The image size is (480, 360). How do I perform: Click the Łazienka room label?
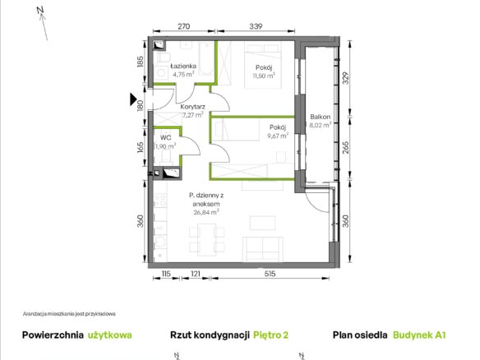183,66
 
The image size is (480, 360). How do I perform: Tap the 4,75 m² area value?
183,74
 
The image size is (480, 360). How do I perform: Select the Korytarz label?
192,107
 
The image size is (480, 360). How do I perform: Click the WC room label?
165,138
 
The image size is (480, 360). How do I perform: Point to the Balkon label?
321,117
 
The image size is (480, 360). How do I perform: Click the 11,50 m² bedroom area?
264,76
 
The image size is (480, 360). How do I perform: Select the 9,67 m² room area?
278,136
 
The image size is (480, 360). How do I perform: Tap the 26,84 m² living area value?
206,212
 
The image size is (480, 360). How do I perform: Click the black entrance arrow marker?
133,99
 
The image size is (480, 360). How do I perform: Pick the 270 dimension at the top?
183,26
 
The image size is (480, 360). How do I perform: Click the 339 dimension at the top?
256,26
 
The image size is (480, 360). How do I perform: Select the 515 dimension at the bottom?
270,274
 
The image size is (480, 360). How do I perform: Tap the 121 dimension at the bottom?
196,274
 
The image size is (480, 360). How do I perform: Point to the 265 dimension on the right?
345,147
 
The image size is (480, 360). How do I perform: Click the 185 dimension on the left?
141,62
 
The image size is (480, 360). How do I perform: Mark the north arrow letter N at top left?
40,10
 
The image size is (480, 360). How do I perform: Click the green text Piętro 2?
271,335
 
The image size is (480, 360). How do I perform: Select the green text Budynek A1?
419,335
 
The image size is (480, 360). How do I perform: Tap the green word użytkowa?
110,335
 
